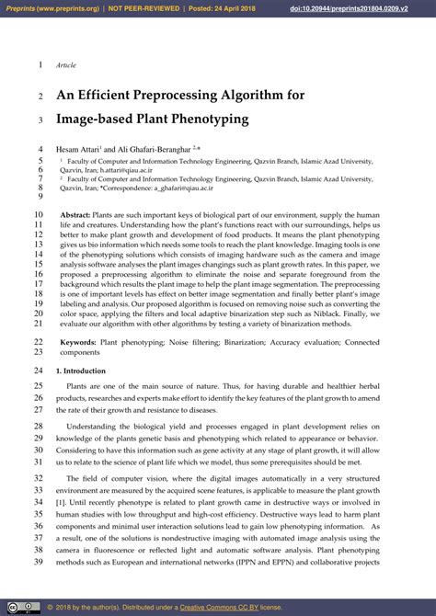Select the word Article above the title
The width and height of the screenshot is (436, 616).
click(x=66, y=65)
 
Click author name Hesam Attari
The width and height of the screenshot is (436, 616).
click(x=77, y=148)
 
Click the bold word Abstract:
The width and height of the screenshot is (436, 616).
click(x=77, y=213)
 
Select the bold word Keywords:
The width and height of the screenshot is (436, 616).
click(x=78, y=341)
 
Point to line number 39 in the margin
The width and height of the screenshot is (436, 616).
click(x=39, y=562)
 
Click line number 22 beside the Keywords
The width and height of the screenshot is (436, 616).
click(x=39, y=341)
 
